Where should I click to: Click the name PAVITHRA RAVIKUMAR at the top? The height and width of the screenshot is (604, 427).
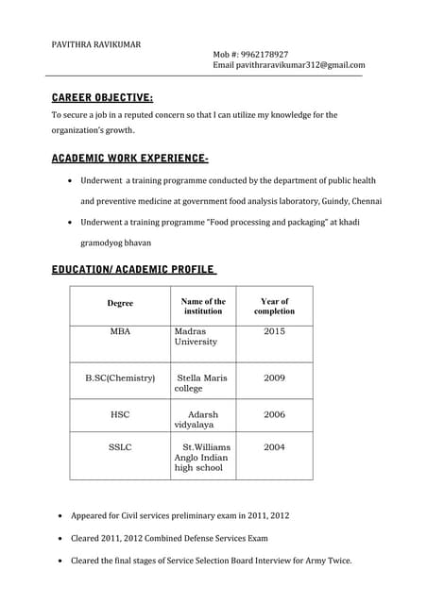[96, 43]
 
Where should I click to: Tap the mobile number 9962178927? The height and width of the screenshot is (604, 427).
[264, 54]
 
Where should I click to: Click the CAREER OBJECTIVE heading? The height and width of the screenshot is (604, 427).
[102, 97]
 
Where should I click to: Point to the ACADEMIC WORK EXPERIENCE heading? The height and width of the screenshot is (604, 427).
[130, 158]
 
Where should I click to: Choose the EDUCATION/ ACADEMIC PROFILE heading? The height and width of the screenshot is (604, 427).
[133, 270]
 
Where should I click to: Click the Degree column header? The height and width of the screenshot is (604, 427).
[120, 304]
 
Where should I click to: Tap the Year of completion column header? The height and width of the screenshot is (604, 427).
[274, 306]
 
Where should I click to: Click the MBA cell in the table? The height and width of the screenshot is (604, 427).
[120, 331]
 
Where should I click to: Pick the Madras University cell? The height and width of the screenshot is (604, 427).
[196, 337]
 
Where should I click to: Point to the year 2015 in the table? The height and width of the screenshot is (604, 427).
[274, 331]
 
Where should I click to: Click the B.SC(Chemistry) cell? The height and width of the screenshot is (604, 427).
[120, 377]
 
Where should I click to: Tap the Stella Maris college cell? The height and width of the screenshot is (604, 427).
[201, 383]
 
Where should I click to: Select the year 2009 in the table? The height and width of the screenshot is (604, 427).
[274, 377]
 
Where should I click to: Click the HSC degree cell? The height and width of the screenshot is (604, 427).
[120, 414]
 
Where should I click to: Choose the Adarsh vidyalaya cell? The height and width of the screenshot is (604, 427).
[199, 420]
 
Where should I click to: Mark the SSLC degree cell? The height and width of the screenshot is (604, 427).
[120, 446]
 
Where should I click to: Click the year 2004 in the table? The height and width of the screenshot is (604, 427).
[274, 446]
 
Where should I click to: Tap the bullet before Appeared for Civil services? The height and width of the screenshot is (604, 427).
[61, 517]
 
